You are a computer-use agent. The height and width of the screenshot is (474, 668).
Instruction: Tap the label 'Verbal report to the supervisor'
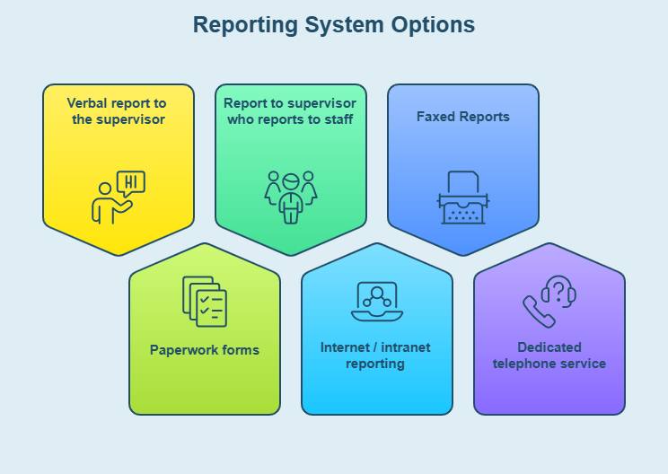point(119,110)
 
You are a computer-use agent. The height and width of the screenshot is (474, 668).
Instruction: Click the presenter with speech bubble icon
point(118,197)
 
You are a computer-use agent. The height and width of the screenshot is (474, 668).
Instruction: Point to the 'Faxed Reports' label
point(463,117)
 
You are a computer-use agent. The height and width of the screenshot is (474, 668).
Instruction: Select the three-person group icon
point(290,197)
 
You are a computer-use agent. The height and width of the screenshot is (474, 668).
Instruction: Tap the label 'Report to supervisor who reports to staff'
point(290,110)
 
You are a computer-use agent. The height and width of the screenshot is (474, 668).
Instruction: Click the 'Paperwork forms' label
point(205,350)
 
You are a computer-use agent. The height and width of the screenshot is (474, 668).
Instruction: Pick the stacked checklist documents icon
point(205,301)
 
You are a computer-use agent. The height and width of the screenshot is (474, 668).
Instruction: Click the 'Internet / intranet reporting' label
point(376,355)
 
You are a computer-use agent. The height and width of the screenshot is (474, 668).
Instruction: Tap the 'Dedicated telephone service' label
point(549,355)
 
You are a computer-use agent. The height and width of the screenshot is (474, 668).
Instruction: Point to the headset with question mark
point(558,291)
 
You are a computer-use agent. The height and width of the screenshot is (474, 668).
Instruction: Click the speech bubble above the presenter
point(131,182)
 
